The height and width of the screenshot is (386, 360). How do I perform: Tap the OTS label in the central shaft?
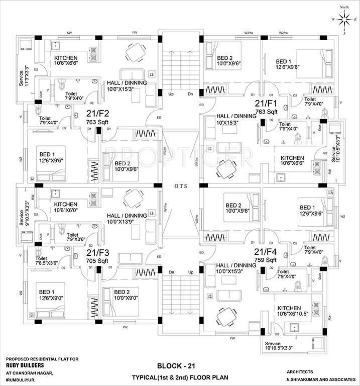pos(181,185)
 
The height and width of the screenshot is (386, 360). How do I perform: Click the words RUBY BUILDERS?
pos(25,366)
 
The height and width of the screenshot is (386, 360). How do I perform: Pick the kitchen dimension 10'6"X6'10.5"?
pos(288,315)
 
